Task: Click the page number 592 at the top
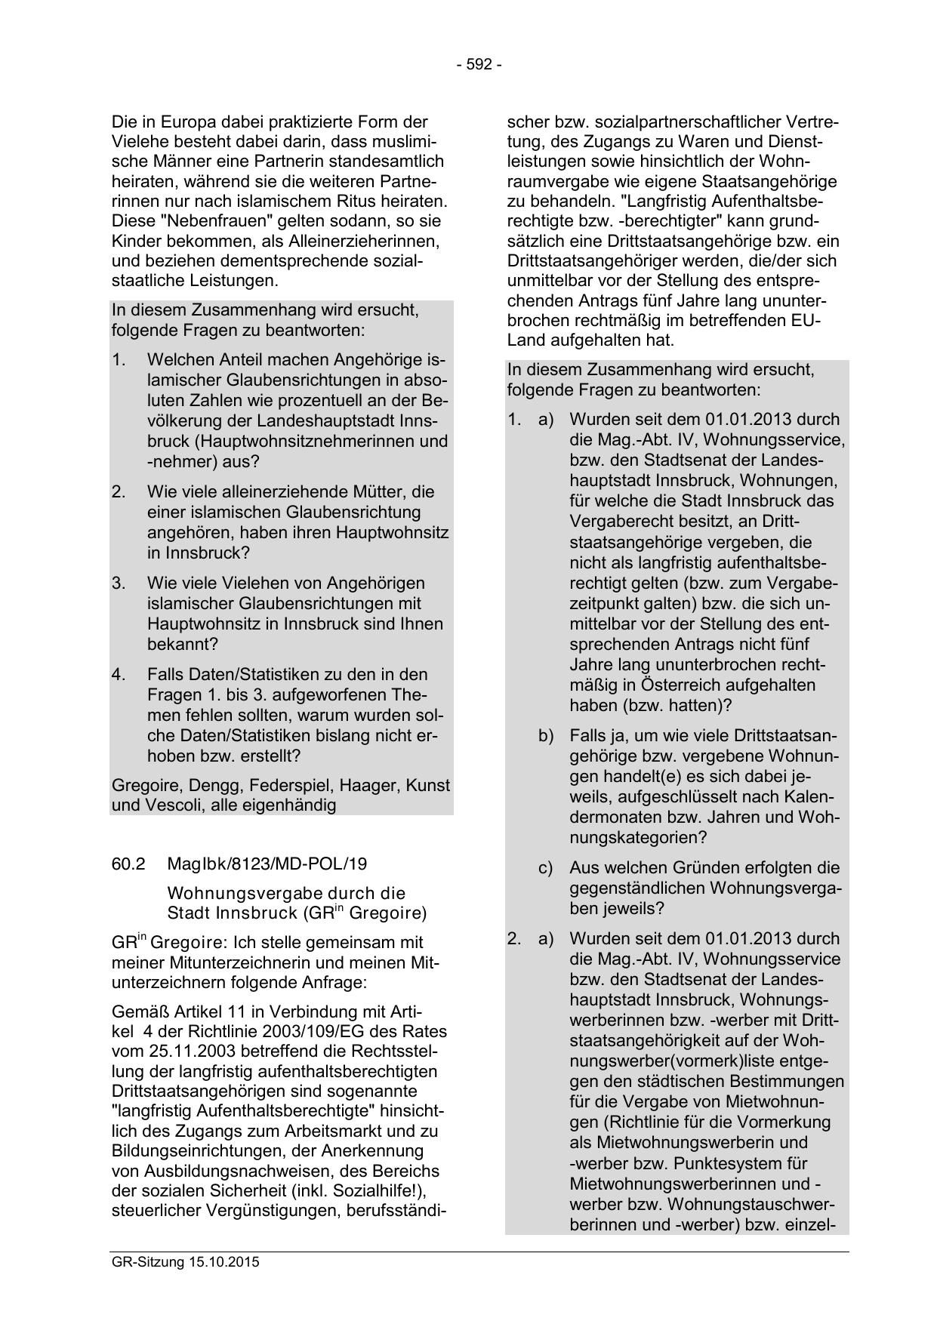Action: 479,65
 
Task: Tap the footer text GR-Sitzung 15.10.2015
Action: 185,1261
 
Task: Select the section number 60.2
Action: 128,864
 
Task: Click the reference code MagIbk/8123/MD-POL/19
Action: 267,864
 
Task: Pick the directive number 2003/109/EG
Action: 341,1032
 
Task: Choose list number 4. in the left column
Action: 119,674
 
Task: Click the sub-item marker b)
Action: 545,735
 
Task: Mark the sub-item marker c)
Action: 545,868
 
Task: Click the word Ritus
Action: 368,202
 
